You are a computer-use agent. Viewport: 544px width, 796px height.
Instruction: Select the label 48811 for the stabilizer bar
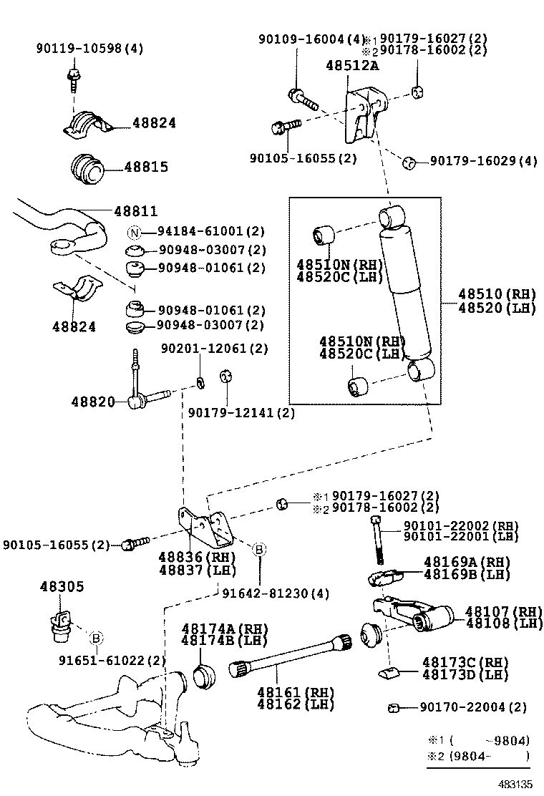click(x=135, y=211)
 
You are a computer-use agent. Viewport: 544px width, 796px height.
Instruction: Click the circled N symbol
click(x=134, y=232)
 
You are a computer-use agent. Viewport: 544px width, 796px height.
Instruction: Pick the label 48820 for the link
click(x=92, y=402)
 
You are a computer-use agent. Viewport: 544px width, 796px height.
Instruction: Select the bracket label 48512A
click(x=352, y=65)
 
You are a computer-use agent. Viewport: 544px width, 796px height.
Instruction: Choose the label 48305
click(x=61, y=586)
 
